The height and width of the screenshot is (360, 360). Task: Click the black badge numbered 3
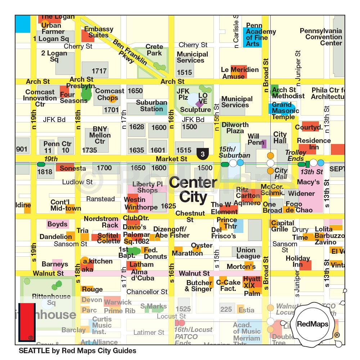(x=203, y=154)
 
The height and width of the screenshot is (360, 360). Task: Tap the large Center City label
(x=193, y=190)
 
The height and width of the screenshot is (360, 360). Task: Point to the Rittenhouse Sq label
(x=51, y=300)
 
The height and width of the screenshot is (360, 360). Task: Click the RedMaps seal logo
(x=312, y=324)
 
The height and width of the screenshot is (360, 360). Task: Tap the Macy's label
(x=309, y=182)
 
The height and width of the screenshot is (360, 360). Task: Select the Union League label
(x=248, y=253)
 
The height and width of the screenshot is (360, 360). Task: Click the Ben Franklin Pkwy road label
(x=130, y=51)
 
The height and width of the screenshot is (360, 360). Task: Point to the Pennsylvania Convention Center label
(x=321, y=37)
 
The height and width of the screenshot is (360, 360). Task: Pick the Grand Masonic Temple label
(x=285, y=111)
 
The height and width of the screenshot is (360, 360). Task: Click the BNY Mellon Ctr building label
(x=100, y=135)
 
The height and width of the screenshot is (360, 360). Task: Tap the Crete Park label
(x=154, y=50)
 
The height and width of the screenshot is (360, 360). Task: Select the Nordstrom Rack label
(x=101, y=222)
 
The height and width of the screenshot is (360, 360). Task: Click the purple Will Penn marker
(x=264, y=144)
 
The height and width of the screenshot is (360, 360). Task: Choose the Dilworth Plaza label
(x=235, y=128)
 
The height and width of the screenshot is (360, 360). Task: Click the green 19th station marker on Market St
(x=41, y=165)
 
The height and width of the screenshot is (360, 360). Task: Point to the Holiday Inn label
(x=298, y=261)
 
